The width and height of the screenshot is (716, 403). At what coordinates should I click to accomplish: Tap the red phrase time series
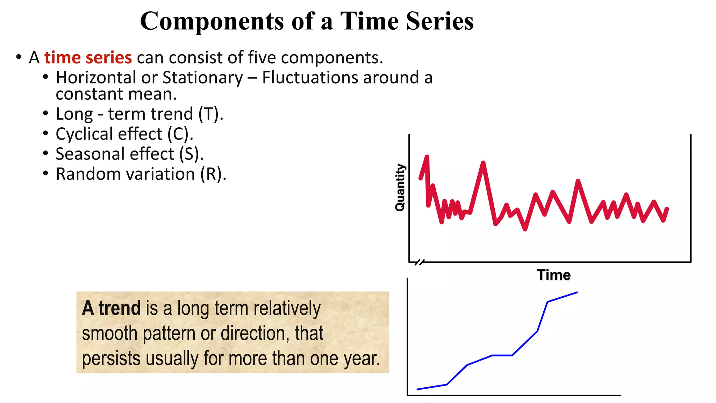pyautogui.click(x=88, y=58)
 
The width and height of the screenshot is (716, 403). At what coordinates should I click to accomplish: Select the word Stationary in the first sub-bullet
pyautogui.click(x=202, y=78)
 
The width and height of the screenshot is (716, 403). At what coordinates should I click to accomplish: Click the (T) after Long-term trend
pyautogui.click(x=210, y=114)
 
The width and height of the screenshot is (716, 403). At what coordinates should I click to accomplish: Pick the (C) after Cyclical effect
pyautogui.click(x=180, y=134)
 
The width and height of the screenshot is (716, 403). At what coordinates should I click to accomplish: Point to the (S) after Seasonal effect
pyautogui.click(x=191, y=154)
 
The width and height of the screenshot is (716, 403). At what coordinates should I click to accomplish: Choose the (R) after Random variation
pyautogui.click(x=213, y=174)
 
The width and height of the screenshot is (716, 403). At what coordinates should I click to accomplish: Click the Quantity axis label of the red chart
pyautogui.click(x=400, y=188)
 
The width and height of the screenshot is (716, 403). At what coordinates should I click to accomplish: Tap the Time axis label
pyautogui.click(x=553, y=275)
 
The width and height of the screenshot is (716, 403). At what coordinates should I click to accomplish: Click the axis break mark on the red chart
pyautogui.click(x=420, y=262)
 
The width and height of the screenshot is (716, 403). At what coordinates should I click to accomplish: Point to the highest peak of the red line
pyautogui.click(x=427, y=157)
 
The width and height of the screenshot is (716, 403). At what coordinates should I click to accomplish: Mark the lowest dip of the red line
pyautogui.click(x=525, y=229)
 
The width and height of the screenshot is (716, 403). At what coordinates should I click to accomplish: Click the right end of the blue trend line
pyautogui.click(x=577, y=292)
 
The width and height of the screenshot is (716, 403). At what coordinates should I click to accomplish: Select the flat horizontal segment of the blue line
pyautogui.click(x=502, y=355)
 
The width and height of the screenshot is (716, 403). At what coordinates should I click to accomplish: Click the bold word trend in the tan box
pyautogui.click(x=119, y=308)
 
